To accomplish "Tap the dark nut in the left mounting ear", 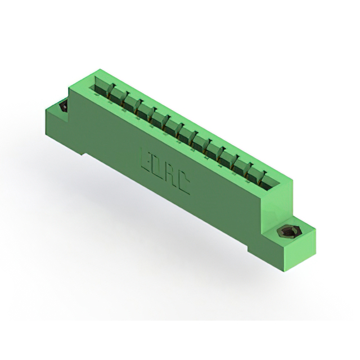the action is (63, 106).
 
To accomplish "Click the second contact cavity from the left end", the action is (118, 96).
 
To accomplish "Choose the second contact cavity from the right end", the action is (254, 174).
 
